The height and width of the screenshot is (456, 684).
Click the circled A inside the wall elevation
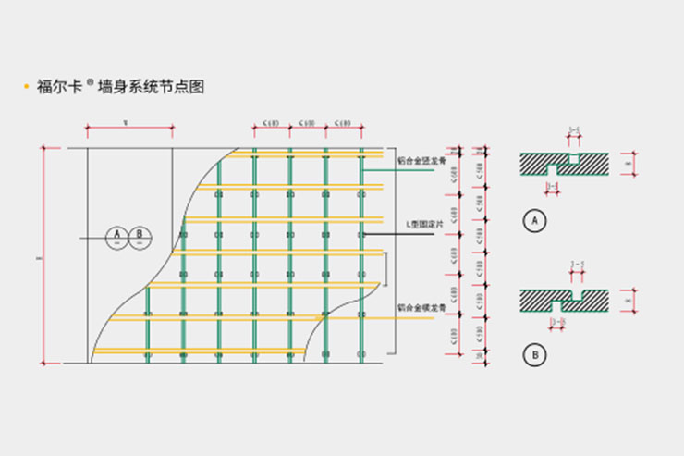[x=117, y=238]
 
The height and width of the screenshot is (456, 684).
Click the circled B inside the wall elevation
[x=140, y=238]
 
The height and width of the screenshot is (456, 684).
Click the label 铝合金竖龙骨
[x=421, y=159]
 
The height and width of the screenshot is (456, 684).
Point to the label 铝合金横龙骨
[x=421, y=307]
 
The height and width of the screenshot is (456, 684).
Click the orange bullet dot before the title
[x=26, y=88]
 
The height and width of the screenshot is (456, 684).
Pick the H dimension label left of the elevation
[x=37, y=258]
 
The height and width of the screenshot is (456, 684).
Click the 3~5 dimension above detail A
[x=574, y=131]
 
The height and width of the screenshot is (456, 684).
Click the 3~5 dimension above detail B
[x=579, y=265]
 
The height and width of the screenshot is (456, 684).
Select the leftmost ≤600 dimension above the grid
[x=272, y=122]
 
